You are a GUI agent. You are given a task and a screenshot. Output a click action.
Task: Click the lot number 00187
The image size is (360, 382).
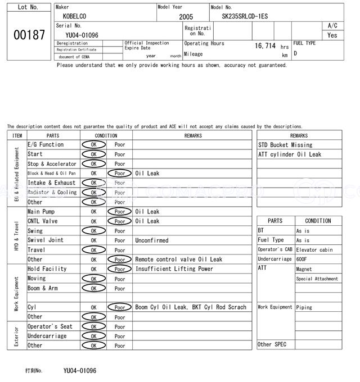(x=29, y=35)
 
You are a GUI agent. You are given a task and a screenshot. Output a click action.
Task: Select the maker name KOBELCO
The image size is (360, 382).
(x=74, y=16)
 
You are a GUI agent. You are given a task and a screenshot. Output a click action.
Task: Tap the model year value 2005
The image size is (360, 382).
(x=186, y=17)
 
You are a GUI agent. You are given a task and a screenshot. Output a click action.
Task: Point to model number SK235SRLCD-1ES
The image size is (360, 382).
(x=245, y=16)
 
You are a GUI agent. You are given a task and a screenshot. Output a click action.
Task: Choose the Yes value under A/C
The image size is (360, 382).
(x=332, y=35)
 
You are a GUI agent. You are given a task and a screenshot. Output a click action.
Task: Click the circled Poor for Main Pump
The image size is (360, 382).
(x=119, y=212)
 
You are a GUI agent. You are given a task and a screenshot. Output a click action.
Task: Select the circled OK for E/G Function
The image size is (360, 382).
(x=93, y=144)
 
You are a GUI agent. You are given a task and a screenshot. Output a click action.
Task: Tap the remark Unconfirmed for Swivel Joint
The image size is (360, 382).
(x=151, y=240)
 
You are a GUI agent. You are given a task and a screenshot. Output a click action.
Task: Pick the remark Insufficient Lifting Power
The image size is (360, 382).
(x=174, y=269)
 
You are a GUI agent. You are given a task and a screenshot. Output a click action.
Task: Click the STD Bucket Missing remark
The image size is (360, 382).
(x=285, y=145)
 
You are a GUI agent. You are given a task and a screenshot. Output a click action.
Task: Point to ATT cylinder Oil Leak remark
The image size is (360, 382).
(x=290, y=154)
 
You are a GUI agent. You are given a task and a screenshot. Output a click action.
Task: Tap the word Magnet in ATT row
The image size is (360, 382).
(x=304, y=269)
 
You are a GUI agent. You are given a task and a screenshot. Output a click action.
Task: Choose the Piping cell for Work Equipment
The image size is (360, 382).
(x=304, y=307)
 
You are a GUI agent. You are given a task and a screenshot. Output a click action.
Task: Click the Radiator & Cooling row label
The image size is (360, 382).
(x=52, y=193)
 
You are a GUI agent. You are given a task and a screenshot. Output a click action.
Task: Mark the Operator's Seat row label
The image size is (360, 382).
(x=49, y=326)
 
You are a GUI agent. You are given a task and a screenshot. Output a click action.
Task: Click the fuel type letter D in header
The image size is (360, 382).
(x=295, y=53)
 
